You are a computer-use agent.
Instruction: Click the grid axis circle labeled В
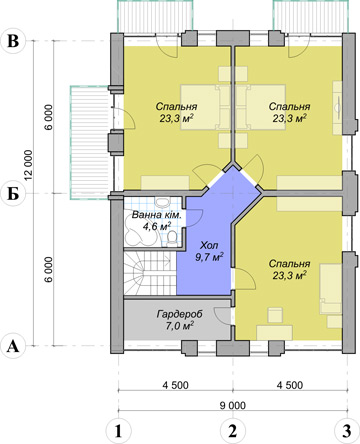pos(13,41)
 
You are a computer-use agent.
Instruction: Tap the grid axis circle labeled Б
pos(13,194)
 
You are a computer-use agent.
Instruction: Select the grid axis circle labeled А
pos(13,346)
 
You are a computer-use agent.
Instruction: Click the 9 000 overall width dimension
pos(233,405)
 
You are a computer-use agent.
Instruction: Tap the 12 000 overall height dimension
pos(29,165)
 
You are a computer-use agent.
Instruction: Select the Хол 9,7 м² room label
pos(209,251)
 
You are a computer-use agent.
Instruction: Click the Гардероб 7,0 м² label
pos(180,319)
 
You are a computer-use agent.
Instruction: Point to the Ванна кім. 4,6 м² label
pos(157,220)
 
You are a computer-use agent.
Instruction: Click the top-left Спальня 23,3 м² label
pos(177,112)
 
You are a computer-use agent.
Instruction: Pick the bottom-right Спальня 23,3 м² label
pos(289,269)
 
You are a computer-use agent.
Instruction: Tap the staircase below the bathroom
pos(150,273)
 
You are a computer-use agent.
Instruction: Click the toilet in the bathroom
pos(173,238)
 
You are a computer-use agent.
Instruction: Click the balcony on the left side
pos(90,143)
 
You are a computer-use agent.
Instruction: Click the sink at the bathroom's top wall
pos(163,203)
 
